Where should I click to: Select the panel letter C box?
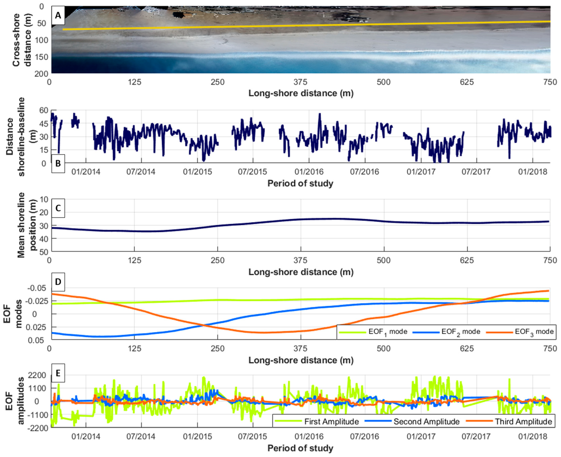(58, 208)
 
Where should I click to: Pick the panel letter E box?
(58, 373)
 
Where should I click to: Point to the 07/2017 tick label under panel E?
(476, 437)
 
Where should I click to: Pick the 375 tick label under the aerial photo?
(300, 82)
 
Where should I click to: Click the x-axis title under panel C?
(301, 272)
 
